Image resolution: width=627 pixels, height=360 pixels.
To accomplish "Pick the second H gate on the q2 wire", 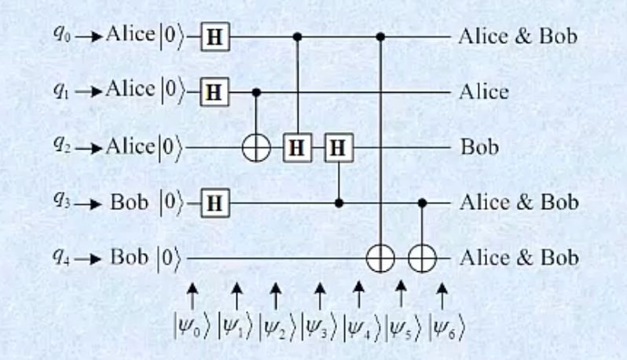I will [339, 147].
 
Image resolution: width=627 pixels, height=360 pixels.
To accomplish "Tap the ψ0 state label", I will [191, 325].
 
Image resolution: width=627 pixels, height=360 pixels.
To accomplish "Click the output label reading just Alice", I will [482, 92].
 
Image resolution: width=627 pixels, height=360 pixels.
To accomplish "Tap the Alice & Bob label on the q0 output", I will [517, 36].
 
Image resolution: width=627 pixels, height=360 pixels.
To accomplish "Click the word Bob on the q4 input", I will [129, 257].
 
